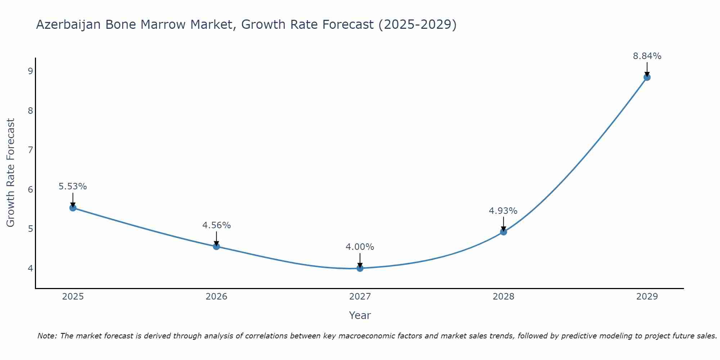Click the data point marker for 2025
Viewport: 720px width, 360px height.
[x=73, y=208]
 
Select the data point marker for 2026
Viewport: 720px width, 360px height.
[x=216, y=246]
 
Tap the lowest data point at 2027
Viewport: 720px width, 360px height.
[x=360, y=268]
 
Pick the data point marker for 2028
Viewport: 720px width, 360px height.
[x=504, y=232]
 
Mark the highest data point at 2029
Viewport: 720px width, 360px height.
[x=647, y=77]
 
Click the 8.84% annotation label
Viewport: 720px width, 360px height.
[x=647, y=56]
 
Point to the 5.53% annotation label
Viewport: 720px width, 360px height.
[x=73, y=186]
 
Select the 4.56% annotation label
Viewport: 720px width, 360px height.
[x=216, y=225]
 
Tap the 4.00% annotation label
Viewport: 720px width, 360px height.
[x=360, y=247]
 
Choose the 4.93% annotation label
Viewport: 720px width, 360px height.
[x=503, y=211]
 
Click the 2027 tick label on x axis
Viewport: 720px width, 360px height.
[x=360, y=297]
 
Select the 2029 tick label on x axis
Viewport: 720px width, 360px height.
[x=647, y=297]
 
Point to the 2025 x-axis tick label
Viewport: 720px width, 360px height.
[x=73, y=297]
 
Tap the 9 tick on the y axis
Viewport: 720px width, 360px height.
[x=30, y=71]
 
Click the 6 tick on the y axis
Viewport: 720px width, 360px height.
[x=30, y=189]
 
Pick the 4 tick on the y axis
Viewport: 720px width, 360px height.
[x=30, y=268]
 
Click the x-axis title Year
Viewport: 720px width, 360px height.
[x=360, y=315]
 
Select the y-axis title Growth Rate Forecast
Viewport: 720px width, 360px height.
[x=11, y=173]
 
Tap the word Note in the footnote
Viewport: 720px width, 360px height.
[x=47, y=336]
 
